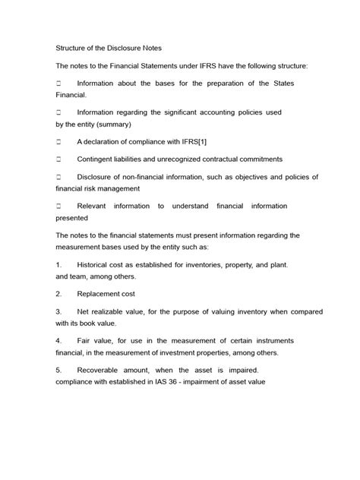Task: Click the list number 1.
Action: click(x=58, y=264)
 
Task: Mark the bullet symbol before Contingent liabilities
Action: click(x=58, y=159)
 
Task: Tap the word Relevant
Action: click(x=94, y=206)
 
